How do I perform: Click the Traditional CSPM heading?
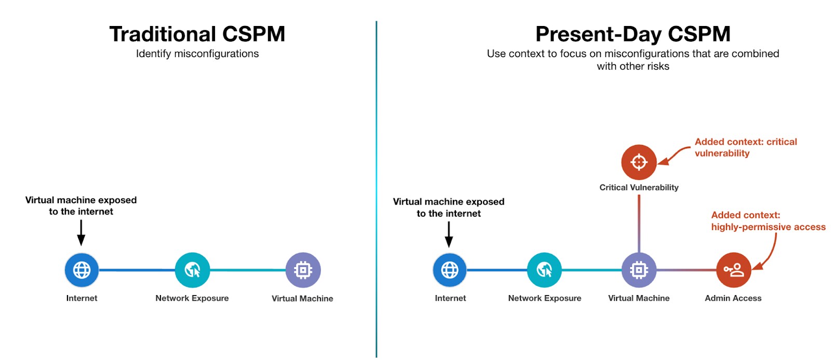click(x=197, y=34)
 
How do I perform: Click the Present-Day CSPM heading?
click(x=633, y=34)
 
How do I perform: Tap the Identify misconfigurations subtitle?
click(x=197, y=54)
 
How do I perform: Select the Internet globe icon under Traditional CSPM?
click(x=82, y=270)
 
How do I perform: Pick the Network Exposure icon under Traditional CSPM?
click(x=192, y=270)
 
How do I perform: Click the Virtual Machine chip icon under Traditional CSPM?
click(x=303, y=270)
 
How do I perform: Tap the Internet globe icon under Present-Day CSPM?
click(x=450, y=270)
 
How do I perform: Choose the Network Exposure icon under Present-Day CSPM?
click(x=544, y=270)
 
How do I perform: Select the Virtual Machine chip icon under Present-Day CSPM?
click(x=639, y=270)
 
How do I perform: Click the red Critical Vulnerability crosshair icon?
click(x=639, y=162)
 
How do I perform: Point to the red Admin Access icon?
click(x=733, y=270)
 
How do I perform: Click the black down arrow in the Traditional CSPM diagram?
click(x=81, y=232)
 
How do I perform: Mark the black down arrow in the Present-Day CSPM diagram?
click(x=449, y=234)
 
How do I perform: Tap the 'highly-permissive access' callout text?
click(x=768, y=227)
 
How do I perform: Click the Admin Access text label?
click(x=733, y=298)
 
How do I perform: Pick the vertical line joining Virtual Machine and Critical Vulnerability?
click(x=639, y=223)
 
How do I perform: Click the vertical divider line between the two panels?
click(x=376, y=187)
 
